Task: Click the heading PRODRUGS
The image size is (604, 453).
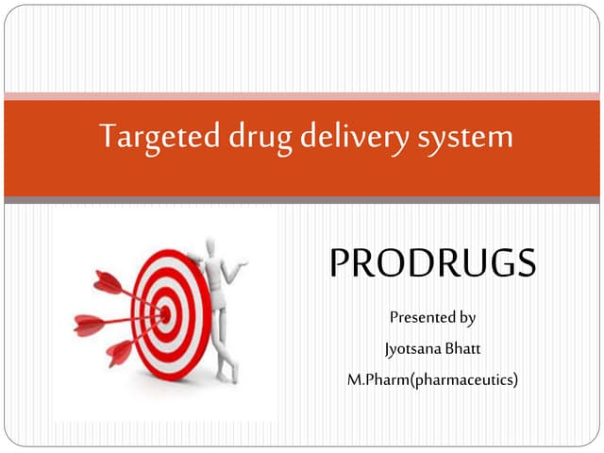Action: pyautogui.click(x=432, y=263)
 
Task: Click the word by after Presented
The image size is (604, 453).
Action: pyautogui.click(x=465, y=317)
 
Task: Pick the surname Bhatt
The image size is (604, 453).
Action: pyautogui.click(x=463, y=348)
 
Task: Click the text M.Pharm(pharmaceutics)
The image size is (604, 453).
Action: pyautogui.click(x=433, y=379)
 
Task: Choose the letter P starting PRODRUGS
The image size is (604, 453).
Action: pyautogui.click(x=341, y=263)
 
